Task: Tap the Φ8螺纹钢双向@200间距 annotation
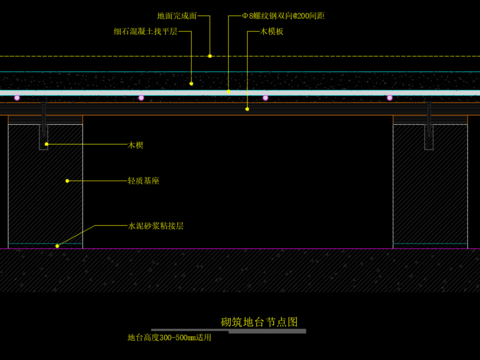pyautogui.click(x=291, y=17)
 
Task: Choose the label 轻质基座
pyautogui.click(x=142, y=181)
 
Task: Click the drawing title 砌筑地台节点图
pyautogui.click(x=259, y=322)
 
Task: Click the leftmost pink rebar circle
pyautogui.click(x=16, y=98)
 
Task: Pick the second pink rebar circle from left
pyautogui.click(x=141, y=98)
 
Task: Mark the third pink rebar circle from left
pyautogui.click(x=266, y=98)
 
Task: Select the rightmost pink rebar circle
pyautogui.click(x=391, y=98)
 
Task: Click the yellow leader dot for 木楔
pyautogui.click(x=46, y=145)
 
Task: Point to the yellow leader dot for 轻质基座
pyautogui.click(x=67, y=181)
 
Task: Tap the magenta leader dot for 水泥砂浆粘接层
pyautogui.click(x=57, y=245)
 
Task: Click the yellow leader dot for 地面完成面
pyautogui.click(x=210, y=56)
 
